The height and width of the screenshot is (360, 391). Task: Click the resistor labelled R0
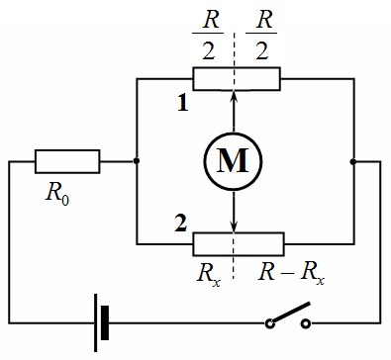pos(67,161)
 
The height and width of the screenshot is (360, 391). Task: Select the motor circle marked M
pos(233,161)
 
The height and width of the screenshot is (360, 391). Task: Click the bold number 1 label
pos(183,103)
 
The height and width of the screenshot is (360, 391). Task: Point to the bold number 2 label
pos(181,224)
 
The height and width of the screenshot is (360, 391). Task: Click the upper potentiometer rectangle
pos(237,79)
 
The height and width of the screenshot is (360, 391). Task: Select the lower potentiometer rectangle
pos(239,244)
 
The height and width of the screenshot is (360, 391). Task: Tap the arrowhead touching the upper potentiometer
pos(234,96)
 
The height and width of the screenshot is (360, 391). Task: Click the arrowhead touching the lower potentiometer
pos(234,227)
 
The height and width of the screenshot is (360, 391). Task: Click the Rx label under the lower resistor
pos(209,274)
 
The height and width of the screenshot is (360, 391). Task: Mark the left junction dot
pos(137,161)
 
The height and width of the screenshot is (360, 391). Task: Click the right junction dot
pos(353,161)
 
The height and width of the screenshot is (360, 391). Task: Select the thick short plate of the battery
pos(105,323)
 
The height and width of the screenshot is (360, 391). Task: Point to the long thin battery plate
pos(95,323)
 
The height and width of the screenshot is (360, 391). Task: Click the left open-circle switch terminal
pos(270,323)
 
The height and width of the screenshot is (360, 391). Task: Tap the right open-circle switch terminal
pos(306,323)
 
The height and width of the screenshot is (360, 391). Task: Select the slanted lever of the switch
pos(291,313)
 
